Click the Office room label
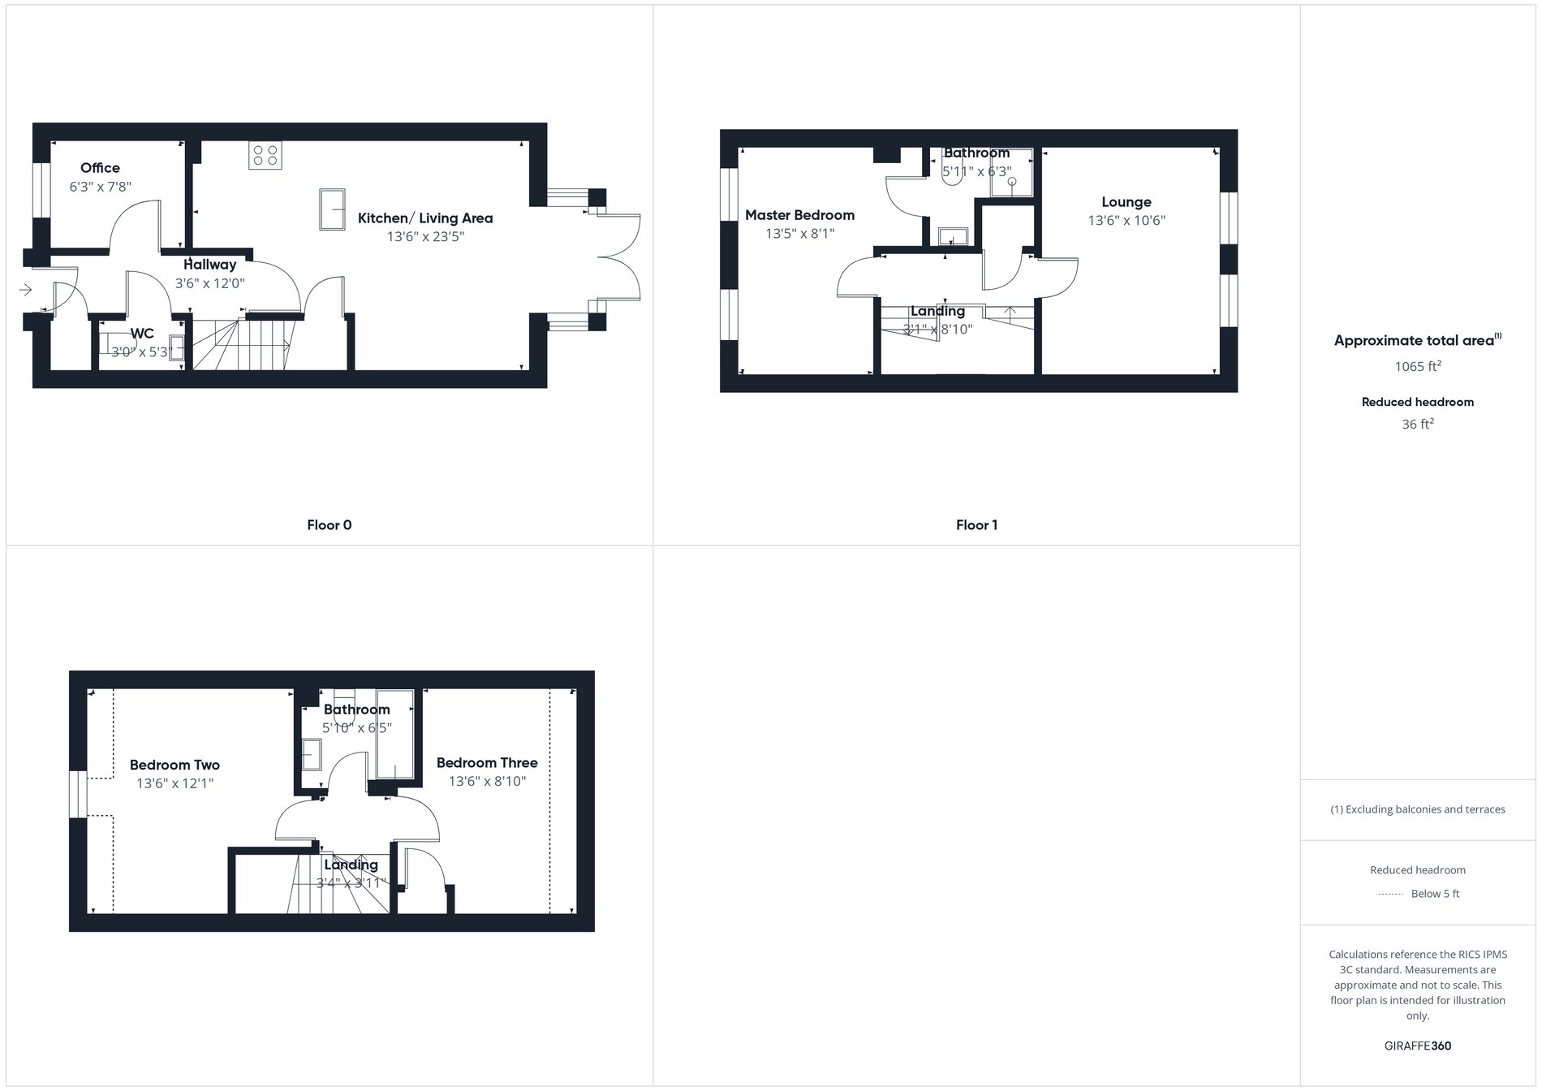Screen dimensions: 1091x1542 [100, 168]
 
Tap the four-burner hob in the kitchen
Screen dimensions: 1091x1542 [265, 155]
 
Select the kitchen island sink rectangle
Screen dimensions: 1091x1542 [331, 209]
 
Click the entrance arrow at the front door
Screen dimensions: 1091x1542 [25, 289]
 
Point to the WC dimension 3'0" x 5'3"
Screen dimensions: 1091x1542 [142, 352]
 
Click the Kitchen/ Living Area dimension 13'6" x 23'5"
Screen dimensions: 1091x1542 [425, 237]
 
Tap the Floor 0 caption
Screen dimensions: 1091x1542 [329, 525]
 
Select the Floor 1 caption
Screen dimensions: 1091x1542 [976, 525]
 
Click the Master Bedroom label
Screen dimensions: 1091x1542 [799, 215]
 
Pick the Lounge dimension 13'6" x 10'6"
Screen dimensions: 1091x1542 [1126, 221]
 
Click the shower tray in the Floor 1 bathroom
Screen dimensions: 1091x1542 [1011, 173]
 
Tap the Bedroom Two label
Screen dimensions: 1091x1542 [174, 765]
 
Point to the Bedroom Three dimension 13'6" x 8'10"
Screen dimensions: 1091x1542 [487, 782]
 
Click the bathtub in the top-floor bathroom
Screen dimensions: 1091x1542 [395, 734]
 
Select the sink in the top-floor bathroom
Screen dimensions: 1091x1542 [312, 755]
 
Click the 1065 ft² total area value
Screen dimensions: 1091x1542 [1417, 367]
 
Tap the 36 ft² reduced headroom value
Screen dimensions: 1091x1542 [1417, 425]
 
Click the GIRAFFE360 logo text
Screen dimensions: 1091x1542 [1417, 1046]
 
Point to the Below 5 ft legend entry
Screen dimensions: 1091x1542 [1434, 894]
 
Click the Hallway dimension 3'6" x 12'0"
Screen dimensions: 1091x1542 [209, 284]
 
